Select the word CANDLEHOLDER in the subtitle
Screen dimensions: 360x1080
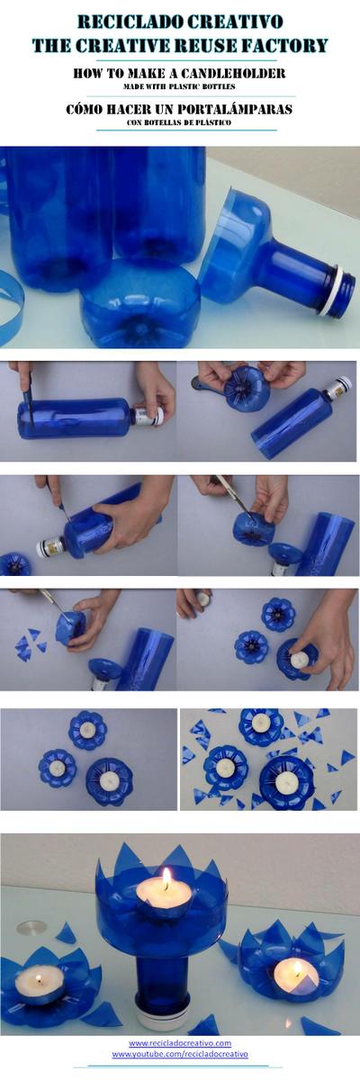pyautogui.click(x=232, y=73)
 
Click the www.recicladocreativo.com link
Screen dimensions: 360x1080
pyautogui.click(x=180, y=1043)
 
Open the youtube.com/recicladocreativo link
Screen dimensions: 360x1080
pyautogui.click(x=180, y=1054)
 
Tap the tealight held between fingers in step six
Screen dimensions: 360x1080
pyautogui.click(x=202, y=600)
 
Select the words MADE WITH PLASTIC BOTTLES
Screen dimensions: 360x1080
pyautogui.click(x=179, y=86)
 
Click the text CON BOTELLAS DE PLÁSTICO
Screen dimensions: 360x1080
pyautogui.click(x=179, y=122)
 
